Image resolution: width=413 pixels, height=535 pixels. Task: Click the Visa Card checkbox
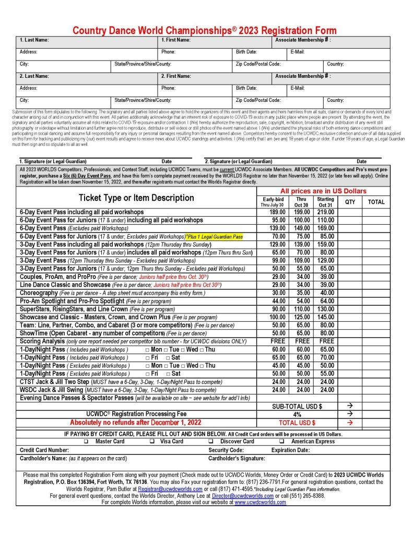point(151,441)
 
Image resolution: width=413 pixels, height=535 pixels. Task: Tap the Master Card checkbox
point(86,441)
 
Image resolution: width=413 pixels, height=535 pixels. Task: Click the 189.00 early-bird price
point(279,212)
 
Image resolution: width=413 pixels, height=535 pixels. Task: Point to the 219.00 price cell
point(326,212)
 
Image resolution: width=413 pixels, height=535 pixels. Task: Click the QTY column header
point(350,202)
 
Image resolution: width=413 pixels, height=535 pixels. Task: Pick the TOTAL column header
point(376,202)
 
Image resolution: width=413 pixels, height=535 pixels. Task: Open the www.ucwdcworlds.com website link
point(260,502)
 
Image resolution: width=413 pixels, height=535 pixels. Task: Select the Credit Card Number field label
point(44,450)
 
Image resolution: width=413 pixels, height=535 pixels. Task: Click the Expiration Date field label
point(291,450)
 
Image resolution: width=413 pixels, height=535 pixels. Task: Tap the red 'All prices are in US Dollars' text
point(316,191)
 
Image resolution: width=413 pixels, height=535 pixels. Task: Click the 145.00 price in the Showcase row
point(326,317)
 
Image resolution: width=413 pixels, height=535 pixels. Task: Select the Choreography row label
point(38,293)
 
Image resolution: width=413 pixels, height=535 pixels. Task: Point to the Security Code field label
point(226,450)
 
